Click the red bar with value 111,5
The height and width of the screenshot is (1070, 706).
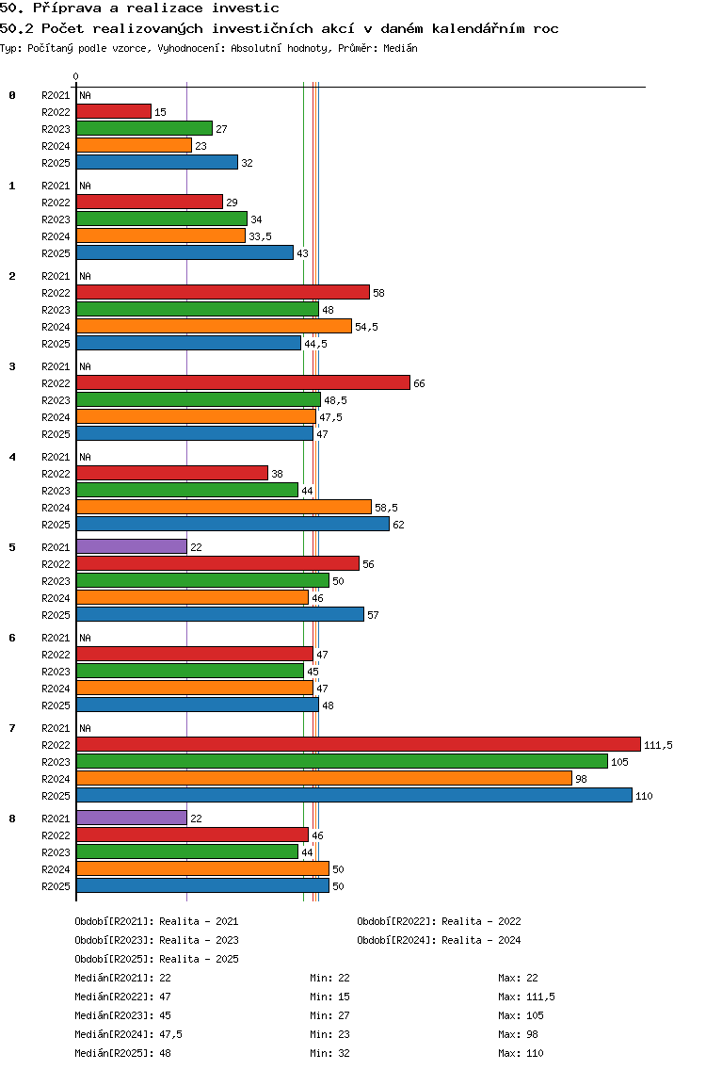pos(359,744)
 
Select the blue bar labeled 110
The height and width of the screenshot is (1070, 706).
pos(355,796)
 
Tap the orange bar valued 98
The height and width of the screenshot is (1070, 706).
pos(325,779)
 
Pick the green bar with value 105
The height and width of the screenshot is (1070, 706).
pos(343,762)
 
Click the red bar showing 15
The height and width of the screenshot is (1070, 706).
pos(114,111)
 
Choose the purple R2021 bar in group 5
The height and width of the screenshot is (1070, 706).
pos(132,546)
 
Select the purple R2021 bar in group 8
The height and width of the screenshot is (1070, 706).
pos(132,818)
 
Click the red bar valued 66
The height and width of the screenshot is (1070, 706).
pos(244,382)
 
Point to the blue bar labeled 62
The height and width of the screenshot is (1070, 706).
pos(233,524)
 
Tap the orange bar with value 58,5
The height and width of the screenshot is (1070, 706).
pos(224,507)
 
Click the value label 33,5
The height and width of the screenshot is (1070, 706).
pos(260,236)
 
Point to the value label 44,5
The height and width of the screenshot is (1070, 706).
pos(316,344)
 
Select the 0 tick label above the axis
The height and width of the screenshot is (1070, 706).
pos(75,77)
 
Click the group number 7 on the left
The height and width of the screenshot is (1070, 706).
pos(12,728)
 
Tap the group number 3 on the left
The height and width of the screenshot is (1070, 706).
pos(12,366)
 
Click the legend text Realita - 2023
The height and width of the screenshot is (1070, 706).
pos(200,940)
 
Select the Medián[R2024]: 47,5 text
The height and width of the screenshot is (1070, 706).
pos(128,1034)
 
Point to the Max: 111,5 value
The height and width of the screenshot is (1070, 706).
pos(526,997)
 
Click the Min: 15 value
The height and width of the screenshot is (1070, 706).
pos(330,997)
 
